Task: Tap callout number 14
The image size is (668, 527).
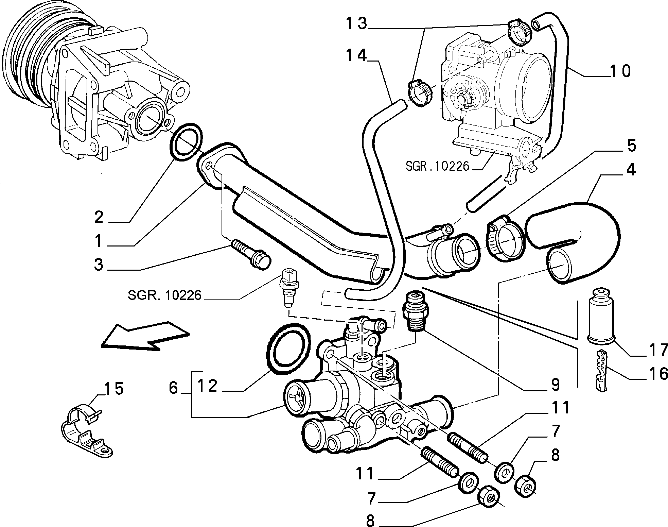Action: (x=357, y=55)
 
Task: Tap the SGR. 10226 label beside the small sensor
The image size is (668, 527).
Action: (x=164, y=295)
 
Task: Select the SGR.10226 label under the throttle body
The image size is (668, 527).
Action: (x=437, y=166)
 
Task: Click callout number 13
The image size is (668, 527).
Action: (x=357, y=23)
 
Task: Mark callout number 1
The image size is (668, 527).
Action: (x=99, y=241)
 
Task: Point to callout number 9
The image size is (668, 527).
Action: (x=555, y=385)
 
